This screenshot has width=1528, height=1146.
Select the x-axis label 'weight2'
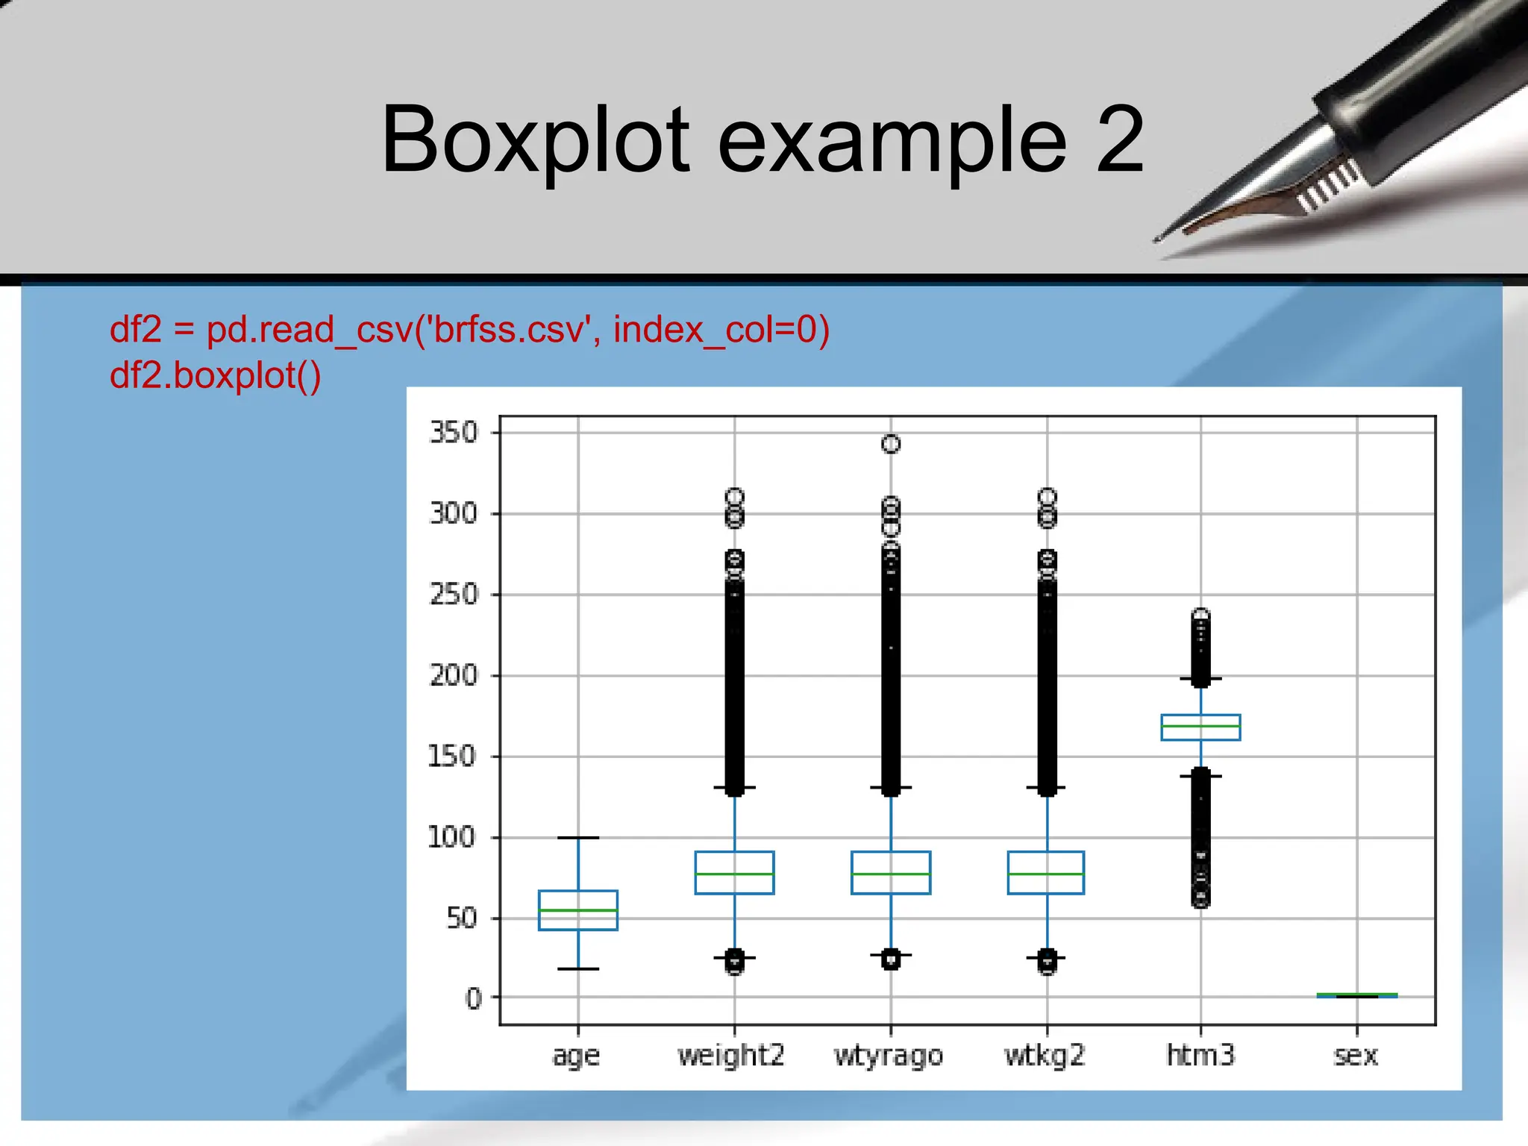[x=731, y=1056]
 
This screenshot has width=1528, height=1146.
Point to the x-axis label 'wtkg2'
[x=1045, y=1056]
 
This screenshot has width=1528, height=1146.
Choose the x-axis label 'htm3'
[x=1200, y=1055]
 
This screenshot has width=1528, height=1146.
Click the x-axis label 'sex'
[x=1356, y=1056]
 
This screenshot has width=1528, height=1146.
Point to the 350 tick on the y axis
[x=454, y=433]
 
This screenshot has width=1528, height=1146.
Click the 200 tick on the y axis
[x=454, y=675]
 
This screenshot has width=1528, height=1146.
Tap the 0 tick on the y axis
[x=474, y=998]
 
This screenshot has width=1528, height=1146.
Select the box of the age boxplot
[x=578, y=910]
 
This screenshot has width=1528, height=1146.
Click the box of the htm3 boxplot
[x=1200, y=727]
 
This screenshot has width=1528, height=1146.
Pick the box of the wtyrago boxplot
[x=891, y=872]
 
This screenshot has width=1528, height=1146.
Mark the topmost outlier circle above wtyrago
[x=891, y=444]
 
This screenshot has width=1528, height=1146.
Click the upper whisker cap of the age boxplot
[x=578, y=838]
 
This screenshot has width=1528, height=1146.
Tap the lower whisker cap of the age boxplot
[x=578, y=968]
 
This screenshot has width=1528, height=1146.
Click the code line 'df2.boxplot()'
[x=216, y=375]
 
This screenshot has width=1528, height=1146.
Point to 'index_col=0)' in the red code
[x=721, y=330]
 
